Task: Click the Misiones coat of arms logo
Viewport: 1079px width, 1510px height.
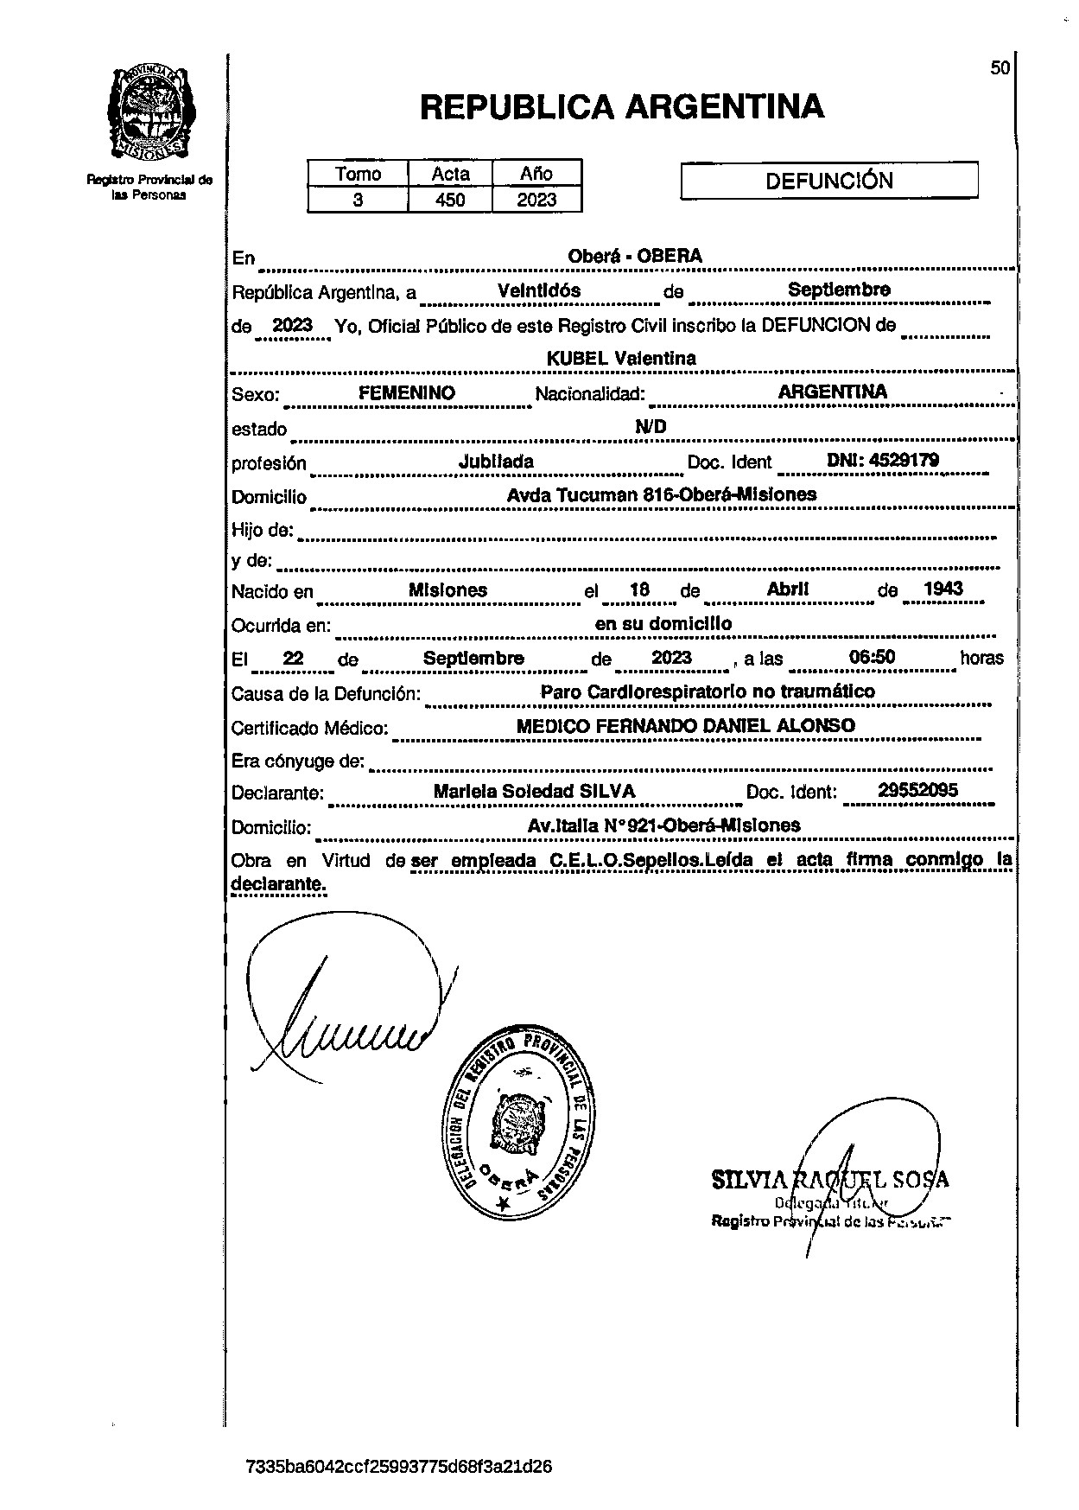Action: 149,113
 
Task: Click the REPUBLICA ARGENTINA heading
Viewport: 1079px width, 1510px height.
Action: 621,107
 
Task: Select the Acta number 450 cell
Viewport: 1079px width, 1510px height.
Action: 450,201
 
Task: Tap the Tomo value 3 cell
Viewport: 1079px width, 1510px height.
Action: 358,201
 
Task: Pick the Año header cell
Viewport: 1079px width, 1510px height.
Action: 536,174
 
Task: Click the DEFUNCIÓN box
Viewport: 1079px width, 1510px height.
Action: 829,182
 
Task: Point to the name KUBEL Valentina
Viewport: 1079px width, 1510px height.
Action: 621,358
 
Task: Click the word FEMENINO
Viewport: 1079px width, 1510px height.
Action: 407,393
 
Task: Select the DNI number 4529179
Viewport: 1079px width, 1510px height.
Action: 883,461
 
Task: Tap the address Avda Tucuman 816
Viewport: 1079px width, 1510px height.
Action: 661,495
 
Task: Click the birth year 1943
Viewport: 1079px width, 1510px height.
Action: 943,589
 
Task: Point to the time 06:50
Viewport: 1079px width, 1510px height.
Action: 872,658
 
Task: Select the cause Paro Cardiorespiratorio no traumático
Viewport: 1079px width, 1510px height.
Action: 707,691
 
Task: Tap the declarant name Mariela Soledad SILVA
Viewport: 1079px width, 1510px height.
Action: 534,791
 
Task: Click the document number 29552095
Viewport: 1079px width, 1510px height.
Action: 917,790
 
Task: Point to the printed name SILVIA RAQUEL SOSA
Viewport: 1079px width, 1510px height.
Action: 829,1179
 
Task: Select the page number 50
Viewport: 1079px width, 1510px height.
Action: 1000,68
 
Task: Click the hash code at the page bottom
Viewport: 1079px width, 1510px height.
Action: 399,1467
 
